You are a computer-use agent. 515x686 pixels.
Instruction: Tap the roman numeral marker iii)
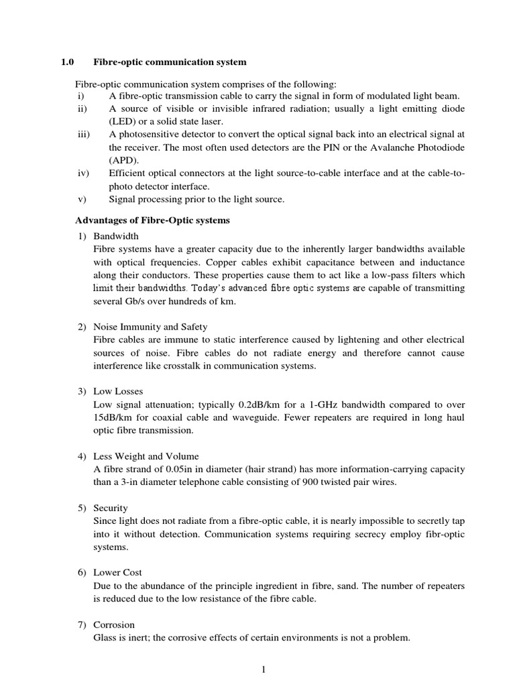coord(83,135)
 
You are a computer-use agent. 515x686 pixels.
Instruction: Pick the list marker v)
coord(81,199)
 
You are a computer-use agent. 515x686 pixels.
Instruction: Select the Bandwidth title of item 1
coord(116,237)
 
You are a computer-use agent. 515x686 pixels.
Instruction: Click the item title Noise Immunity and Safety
coord(150,327)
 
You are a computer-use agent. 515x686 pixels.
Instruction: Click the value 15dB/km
coord(114,417)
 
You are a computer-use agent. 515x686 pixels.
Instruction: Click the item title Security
coord(111,508)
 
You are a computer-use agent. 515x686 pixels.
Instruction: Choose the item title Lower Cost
coord(117,573)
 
